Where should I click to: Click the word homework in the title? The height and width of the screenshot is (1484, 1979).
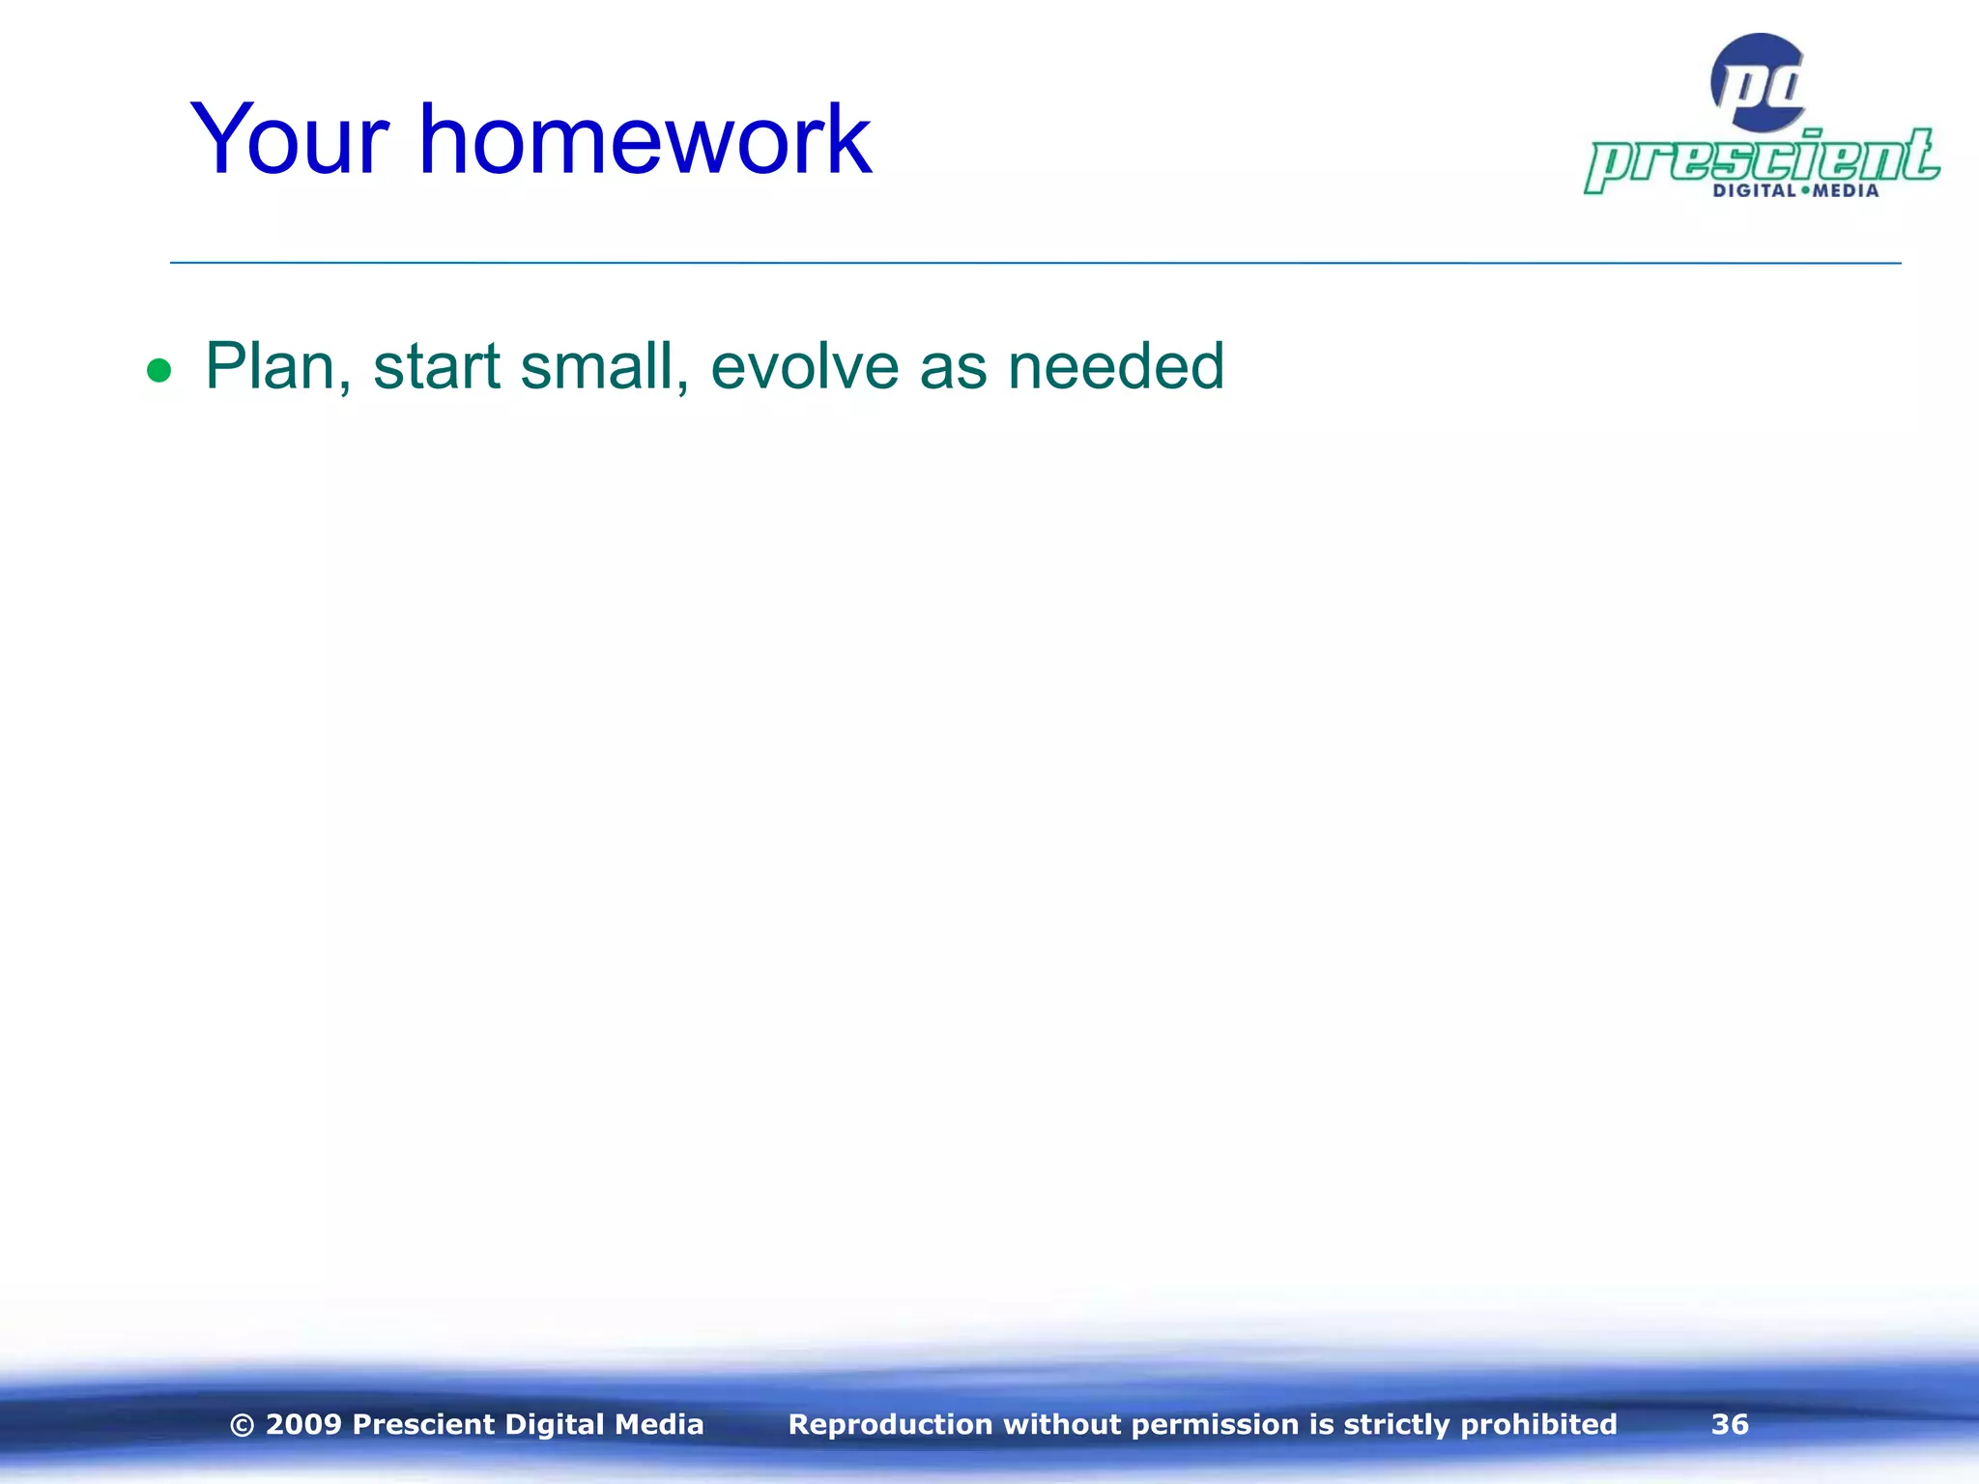point(645,141)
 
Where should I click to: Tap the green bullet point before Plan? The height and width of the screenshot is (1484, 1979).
point(158,370)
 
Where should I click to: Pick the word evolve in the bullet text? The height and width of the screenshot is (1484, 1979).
point(805,367)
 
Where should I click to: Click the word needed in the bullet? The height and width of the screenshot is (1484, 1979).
point(1115,367)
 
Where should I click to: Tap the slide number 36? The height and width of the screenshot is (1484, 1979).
point(1730,1424)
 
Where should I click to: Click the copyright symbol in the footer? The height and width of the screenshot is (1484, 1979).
point(243,1425)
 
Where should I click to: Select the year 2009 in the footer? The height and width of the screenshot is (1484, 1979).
point(303,1424)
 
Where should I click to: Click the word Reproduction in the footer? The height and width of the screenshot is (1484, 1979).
point(890,1424)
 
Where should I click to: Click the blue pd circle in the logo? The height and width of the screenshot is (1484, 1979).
point(1757,83)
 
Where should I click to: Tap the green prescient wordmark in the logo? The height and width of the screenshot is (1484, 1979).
point(1761,159)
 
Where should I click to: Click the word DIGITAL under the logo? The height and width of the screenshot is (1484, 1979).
point(1754,191)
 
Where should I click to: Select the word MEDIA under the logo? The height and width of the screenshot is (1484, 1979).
point(1846,191)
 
